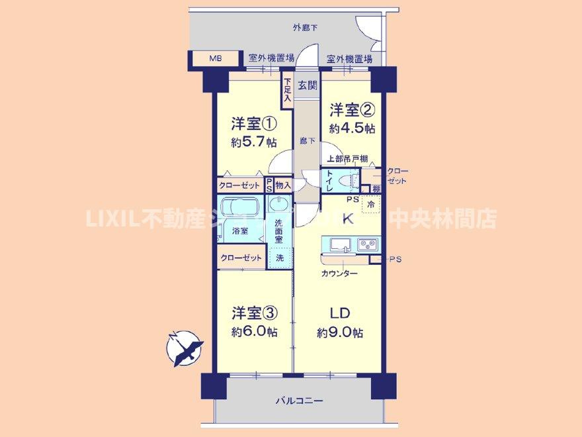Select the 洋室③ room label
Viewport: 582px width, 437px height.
[253, 311]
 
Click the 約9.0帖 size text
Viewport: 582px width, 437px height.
[339, 332]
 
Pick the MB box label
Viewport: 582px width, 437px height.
[216, 59]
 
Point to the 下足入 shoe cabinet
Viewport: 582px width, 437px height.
[287, 90]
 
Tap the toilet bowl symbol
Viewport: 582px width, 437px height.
[345, 179]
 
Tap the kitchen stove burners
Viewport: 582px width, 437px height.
[367, 245]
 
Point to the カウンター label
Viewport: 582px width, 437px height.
[339, 273]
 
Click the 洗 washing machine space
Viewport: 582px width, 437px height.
[280, 257]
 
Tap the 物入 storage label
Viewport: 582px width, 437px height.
[283, 186]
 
